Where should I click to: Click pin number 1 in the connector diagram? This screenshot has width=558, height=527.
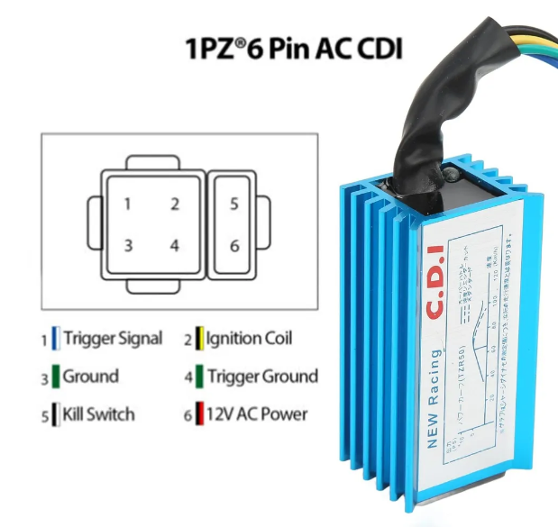[128, 204]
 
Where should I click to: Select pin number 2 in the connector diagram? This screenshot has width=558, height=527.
[175, 204]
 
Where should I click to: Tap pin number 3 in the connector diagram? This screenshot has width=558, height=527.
[128, 245]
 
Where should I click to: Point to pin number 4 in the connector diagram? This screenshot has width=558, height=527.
[175, 245]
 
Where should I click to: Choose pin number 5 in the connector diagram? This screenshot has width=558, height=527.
[233, 204]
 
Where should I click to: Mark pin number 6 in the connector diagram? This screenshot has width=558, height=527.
[233, 245]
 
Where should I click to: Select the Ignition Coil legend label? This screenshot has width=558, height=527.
[250, 339]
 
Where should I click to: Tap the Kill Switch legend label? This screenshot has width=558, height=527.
[98, 414]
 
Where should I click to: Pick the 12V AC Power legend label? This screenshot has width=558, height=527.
[257, 414]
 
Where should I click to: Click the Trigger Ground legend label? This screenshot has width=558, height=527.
[262, 376]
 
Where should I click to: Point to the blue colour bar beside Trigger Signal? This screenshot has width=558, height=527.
[56, 340]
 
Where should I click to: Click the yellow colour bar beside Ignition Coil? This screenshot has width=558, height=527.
[200, 340]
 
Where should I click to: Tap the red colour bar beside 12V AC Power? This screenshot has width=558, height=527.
[200, 414]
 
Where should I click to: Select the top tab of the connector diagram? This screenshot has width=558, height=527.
[151, 162]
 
